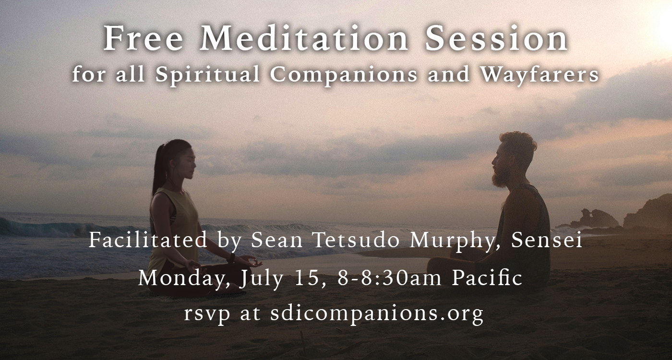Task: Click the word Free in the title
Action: (143, 38)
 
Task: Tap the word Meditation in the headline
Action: (303, 38)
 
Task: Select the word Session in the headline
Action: (496, 38)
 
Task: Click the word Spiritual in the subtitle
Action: (207, 75)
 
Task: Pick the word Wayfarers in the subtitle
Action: (540, 75)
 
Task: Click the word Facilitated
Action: (148, 240)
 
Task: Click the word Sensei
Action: (547, 240)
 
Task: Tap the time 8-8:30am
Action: (389, 278)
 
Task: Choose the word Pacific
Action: (487, 278)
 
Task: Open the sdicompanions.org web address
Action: (377, 314)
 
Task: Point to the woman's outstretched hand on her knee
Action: (253, 262)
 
